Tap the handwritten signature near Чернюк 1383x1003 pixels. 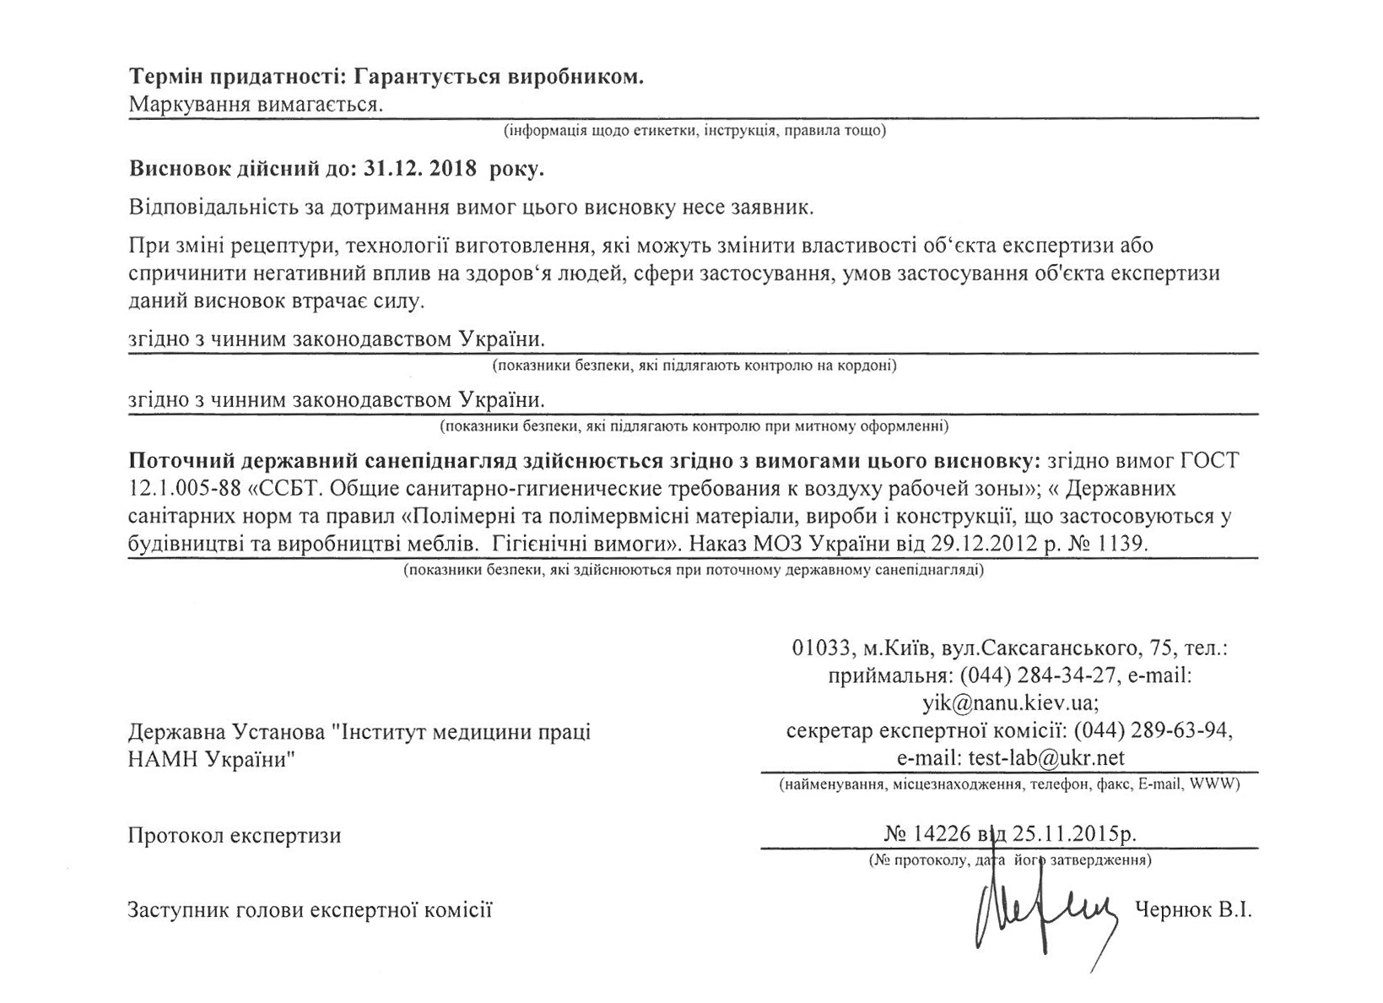pos(1047,914)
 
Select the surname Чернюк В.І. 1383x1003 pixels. pos(1194,910)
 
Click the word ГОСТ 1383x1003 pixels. pos(1209,462)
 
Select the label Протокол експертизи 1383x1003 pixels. pos(235,836)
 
